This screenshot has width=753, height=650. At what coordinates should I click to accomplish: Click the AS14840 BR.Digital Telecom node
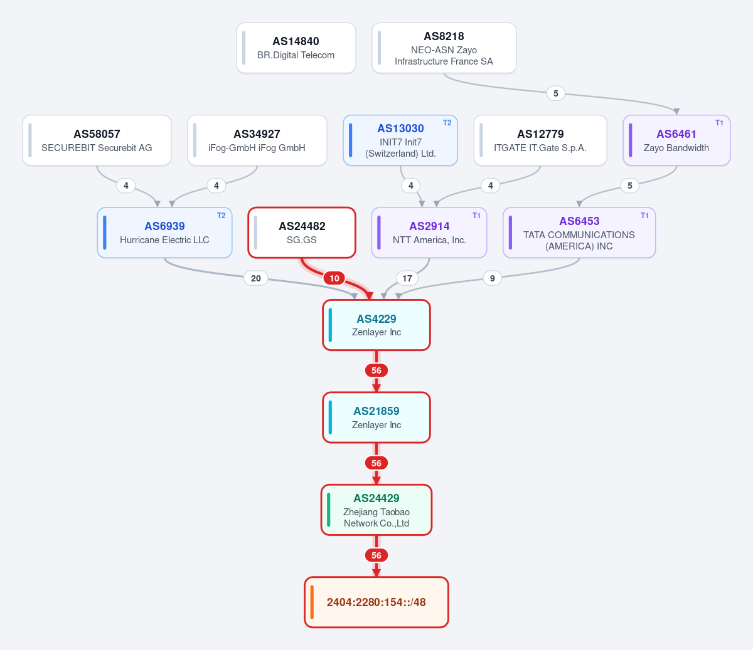pos(296,48)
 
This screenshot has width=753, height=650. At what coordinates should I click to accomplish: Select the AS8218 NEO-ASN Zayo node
pos(444,48)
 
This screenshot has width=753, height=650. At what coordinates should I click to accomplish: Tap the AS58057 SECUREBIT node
pos(97,140)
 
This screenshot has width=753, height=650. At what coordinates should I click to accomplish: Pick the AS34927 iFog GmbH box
pos(257,140)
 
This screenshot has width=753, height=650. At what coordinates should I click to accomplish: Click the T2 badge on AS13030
pos(447,123)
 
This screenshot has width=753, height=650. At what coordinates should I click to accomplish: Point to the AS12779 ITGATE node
pos(540,140)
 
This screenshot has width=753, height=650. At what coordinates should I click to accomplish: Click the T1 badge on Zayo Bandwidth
pos(719,123)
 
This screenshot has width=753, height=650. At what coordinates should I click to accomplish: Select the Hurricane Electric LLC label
pos(164,240)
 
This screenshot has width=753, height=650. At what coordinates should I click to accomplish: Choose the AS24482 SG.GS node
pos(302,233)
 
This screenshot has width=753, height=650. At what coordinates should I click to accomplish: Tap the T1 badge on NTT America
pos(476,216)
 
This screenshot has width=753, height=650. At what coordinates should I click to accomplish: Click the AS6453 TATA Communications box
pos(579,233)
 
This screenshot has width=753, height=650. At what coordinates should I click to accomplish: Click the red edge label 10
pos(334,278)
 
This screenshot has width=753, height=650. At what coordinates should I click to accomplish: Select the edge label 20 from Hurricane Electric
pos(256,278)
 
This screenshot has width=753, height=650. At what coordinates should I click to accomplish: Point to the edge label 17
pos(407,278)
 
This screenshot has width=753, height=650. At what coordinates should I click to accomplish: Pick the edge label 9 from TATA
pos(492,278)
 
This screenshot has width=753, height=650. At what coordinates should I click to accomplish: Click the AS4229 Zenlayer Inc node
pos(376,325)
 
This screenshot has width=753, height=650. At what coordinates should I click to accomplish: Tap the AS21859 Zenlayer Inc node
pos(376,417)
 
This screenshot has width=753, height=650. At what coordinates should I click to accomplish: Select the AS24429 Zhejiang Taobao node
pos(376,510)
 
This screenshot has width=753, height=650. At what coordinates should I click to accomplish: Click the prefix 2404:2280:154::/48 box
pos(376,602)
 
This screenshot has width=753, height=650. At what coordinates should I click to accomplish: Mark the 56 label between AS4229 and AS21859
pos(376,370)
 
